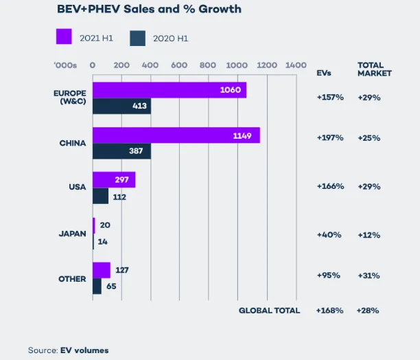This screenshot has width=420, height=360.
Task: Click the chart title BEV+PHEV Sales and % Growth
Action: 150,10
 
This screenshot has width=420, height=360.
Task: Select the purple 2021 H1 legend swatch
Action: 64,36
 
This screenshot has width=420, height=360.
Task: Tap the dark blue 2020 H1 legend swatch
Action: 138,37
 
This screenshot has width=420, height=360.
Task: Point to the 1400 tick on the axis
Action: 295,65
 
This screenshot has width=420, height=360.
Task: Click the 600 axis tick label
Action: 178,65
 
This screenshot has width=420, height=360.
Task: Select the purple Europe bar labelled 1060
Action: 169,91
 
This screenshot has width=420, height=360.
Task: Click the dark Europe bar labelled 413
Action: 121,106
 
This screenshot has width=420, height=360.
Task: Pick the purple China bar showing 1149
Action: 176,135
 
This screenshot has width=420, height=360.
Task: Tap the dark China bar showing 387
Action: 121,151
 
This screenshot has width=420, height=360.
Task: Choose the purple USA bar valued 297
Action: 114,179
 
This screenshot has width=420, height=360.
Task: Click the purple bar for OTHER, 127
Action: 102,270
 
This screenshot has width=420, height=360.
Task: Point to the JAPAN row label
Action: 72,234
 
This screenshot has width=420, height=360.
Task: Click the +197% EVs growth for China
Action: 330,138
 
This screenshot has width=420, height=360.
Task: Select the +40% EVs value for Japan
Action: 329,235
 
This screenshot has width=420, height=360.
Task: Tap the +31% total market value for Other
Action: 370,275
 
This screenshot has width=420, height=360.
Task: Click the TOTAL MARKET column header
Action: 374,69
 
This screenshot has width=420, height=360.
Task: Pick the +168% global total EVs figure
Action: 329,311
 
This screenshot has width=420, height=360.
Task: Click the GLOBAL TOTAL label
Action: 269,311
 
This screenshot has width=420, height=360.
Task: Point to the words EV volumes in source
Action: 84,350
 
